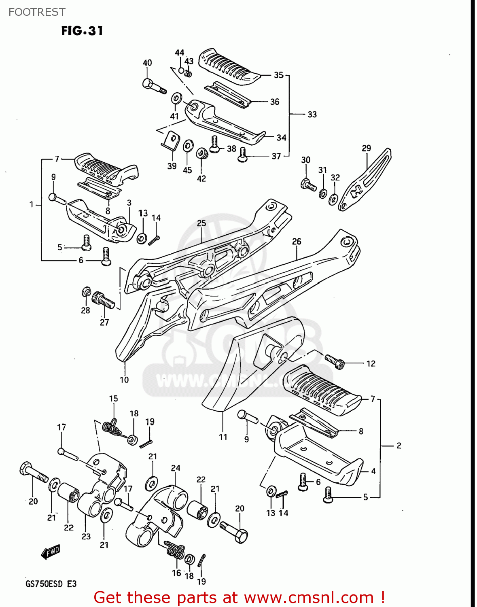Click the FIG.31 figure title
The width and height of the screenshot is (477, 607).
pos(82,31)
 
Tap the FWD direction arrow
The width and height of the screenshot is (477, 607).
pos(51,552)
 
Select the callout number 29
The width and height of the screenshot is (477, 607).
pos(366,148)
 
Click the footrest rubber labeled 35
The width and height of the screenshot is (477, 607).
pos(229,66)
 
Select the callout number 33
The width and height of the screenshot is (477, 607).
pos(312,115)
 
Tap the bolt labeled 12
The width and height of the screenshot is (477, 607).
pos(335,361)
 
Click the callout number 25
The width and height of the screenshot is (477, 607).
pos(201,223)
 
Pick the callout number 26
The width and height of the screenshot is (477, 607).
pos(297,242)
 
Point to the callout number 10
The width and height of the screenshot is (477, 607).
pos(124,380)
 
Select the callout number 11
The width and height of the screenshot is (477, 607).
pos(223,437)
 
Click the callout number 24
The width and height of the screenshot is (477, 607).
pos(175,468)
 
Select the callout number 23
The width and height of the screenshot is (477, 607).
pos(86,537)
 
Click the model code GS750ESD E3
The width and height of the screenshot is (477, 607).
pos(51,584)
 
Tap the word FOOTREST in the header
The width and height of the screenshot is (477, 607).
pos(37,12)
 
